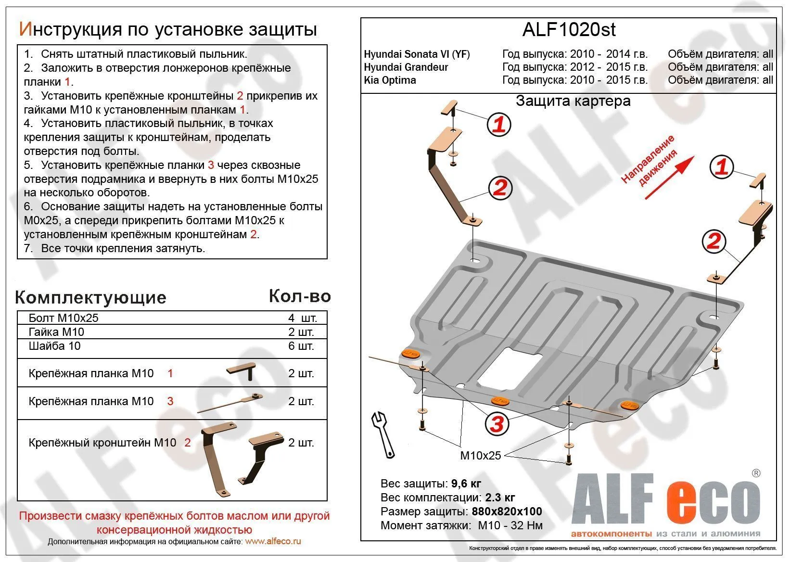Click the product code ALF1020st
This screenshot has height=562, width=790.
pos(569,30)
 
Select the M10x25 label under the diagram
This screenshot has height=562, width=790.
pos(480,455)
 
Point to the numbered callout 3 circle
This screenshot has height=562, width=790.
pos(497,424)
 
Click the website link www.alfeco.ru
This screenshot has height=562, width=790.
pos(273,541)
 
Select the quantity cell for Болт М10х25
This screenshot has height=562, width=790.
pos(302,318)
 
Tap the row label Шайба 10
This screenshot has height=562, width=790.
pos(54,346)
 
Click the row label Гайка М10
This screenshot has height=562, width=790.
pos(56,332)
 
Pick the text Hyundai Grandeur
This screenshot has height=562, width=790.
pos(406,67)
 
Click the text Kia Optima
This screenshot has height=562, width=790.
pos(390,80)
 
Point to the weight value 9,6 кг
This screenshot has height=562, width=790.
pos(466,484)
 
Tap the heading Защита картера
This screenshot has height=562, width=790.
pos(573,101)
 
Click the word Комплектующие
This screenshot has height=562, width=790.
pos(91,297)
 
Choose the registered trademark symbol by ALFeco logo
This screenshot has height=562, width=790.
pos(756,473)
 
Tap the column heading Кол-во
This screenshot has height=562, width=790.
pos(300,296)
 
